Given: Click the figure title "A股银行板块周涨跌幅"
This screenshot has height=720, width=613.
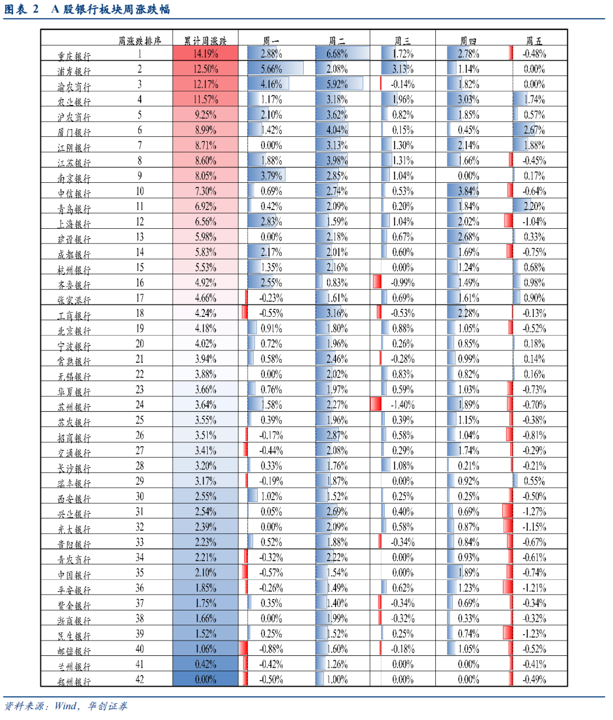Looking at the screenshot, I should pyautogui.click(x=110, y=9).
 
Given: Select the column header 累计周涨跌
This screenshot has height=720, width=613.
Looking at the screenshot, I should pyautogui.click(x=205, y=41).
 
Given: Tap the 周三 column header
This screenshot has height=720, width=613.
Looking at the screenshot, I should pyautogui.click(x=402, y=41).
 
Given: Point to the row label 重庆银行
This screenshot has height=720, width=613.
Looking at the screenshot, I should pyautogui.click(x=74, y=56).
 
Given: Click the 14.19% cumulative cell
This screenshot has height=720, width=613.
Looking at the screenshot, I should pyautogui.click(x=205, y=54).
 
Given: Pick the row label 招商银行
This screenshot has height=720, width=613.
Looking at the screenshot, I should pyautogui.click(x=74, y=437).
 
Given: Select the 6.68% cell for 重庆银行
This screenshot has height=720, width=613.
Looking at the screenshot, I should pyautogui.click(x=337, y=54).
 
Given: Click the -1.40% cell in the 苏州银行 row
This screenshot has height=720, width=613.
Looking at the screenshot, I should pyautogui.click(x=402, y=405).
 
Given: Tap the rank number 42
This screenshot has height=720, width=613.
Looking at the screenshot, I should pyautogui.click(x=140, y=679).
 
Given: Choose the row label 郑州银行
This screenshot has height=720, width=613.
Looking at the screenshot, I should pyautogui.click(x=74, y=681).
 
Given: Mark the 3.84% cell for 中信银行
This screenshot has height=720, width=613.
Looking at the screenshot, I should pyautogui.click(x=468, y=191).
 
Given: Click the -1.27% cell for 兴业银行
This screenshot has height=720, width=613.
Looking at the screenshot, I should pyautogui.click(x=534, y=512).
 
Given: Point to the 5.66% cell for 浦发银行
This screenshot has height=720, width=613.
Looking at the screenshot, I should pyautogui.click(x=271, y=69).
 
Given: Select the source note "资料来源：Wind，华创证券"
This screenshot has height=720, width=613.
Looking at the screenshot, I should pyautogui.click(x=66, y=706).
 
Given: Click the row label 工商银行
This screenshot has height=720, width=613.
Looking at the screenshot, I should pyautogui.click(x=74, y=315).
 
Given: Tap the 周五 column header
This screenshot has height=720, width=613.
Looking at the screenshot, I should pyautogui.click(x=534, y=41).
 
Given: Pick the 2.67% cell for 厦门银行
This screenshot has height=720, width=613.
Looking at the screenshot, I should pyautogui.click(x=534, y=130).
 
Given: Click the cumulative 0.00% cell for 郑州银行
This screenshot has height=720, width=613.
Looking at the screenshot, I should pyautogui.click(x=205, y=679).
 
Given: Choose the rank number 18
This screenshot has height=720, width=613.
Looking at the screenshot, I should pyautogui.click(x=140, y=313).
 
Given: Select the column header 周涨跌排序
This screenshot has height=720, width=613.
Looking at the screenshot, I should pyautogui.click(x=140, y=41).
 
